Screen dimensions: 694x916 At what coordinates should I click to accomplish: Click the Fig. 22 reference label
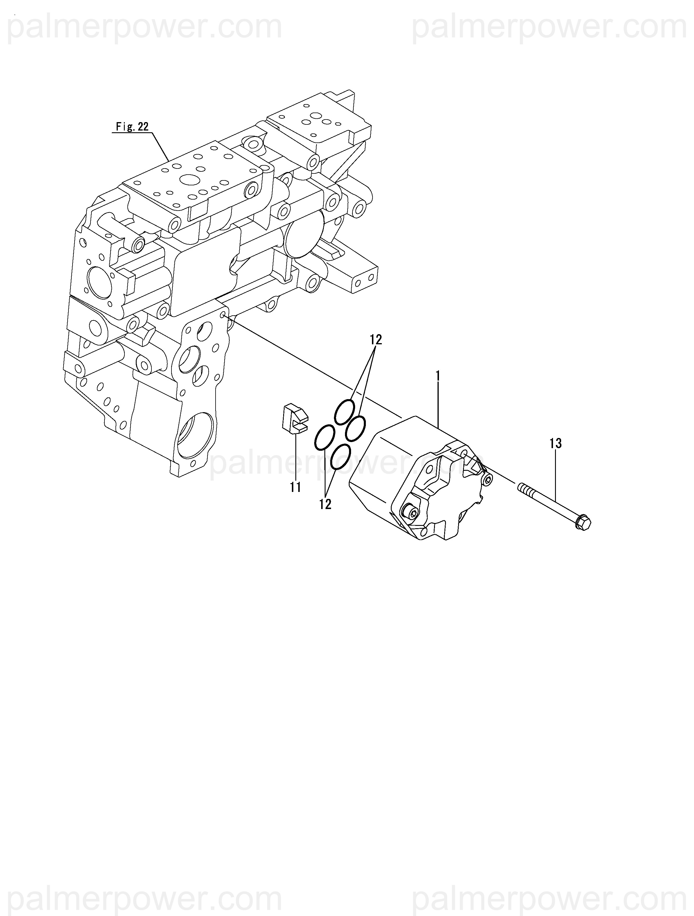tap(132, 127)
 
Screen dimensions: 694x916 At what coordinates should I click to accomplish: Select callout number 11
tap(295, 487)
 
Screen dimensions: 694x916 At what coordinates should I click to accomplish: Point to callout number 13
tap(555, 443)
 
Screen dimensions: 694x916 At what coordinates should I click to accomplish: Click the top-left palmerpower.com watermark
tap(145, 27)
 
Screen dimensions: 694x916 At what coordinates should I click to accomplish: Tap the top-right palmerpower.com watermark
tap(549, 27)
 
